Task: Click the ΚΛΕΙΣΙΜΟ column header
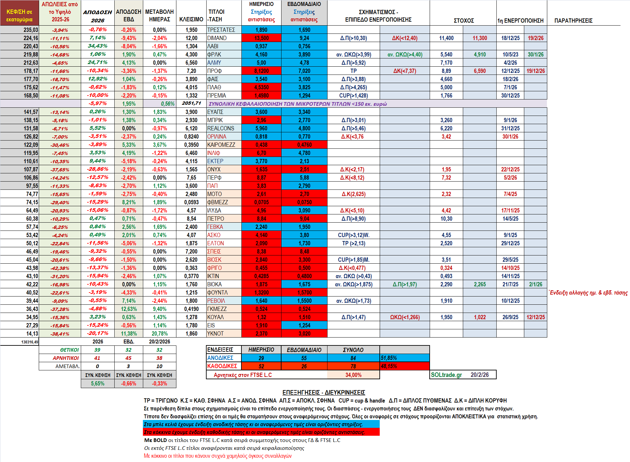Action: tap(191, 19)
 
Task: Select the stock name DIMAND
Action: tap(217, 38)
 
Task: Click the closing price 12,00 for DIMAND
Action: tap(191, 38)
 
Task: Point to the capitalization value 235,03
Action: tap(31, 30)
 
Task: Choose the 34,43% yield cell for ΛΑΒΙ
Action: tap(98, 46)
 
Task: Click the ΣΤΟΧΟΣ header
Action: tap(463, 21)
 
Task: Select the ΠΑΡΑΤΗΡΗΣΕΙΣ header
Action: tap(573, 21)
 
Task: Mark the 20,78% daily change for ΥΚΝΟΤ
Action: tap(160, 334)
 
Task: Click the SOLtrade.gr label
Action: tap(446, 375)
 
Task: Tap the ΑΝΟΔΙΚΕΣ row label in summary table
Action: tap(220, 358)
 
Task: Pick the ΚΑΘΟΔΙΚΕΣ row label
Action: tap(222, 366)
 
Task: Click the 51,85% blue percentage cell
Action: tap(389, 358)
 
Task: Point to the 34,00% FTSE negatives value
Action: tap(353, 375)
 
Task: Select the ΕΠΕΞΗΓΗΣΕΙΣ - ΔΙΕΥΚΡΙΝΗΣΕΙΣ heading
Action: tap(324, 392)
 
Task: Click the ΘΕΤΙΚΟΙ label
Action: tap(69, 350)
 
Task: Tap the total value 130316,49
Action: tap(30, 342)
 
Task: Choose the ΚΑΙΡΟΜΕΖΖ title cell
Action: tap(221, 145)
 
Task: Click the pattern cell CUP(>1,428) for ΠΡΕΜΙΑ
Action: tap(353, 96)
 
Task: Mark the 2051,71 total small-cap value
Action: tap(191, 103)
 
